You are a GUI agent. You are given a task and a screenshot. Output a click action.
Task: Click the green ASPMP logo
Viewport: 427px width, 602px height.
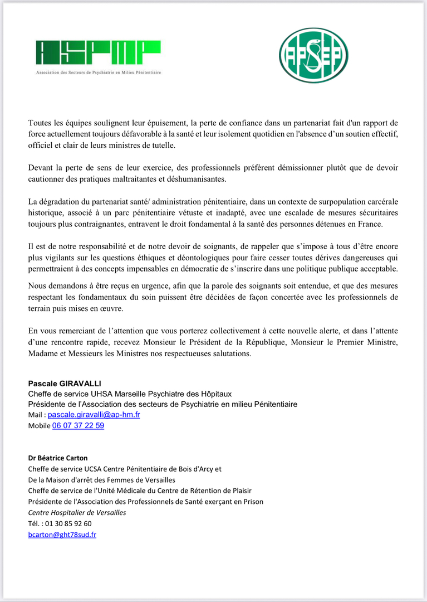(x=98, y=53)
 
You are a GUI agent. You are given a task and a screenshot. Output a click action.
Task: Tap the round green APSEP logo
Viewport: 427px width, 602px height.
(x=313, y=56)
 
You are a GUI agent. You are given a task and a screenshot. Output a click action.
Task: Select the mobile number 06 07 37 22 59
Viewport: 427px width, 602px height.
(x=78, y=425)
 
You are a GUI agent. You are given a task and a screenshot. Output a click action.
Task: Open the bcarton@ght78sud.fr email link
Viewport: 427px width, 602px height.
(x=62, y=534)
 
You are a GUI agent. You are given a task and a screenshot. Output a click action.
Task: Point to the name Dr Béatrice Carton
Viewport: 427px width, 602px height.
(x=60, y=458)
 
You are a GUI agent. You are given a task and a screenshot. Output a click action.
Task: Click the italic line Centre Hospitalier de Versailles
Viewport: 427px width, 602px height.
(x=77, y=512)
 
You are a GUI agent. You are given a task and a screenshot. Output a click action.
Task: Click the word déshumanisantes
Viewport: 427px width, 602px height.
(x=192, y=178)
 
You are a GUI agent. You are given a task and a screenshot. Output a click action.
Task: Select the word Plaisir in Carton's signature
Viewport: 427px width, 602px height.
(x=239, y=491)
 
